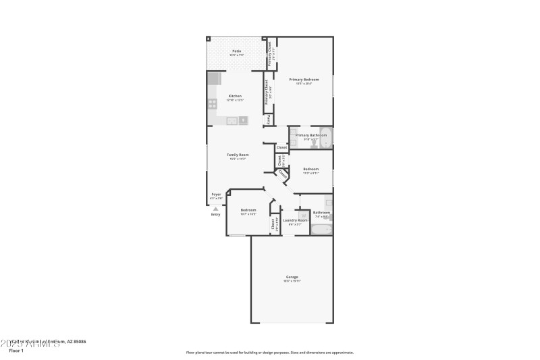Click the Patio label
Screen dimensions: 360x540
(236, 51)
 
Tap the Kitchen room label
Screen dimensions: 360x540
(235, 96)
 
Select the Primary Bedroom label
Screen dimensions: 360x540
(303, 80)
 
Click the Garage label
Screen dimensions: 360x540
(292, 277)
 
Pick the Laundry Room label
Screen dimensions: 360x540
(295, 220)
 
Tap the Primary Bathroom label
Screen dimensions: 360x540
(310, 135)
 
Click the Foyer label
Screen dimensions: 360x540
(216, 195)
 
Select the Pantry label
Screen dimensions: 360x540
(269, 120)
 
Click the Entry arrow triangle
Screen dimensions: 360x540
(216, 208)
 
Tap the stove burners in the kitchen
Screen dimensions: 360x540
(212, 104)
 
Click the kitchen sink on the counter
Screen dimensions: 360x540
(232, 122)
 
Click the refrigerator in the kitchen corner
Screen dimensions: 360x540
(214, 78)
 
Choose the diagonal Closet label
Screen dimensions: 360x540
(282, 174)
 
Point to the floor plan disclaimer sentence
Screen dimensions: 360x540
(269, 352)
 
